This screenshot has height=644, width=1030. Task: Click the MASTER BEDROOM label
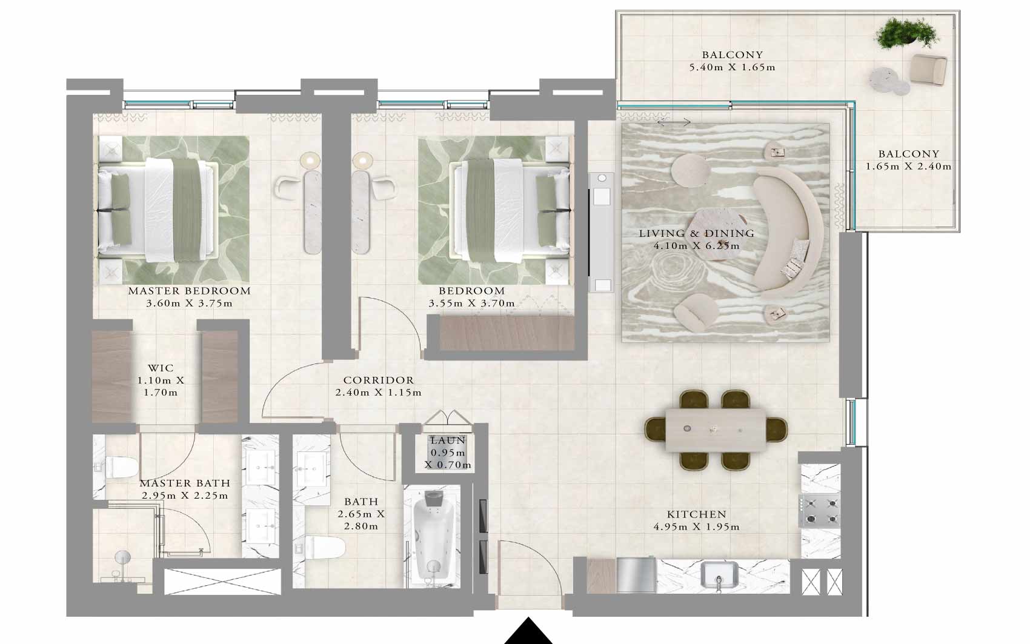190,291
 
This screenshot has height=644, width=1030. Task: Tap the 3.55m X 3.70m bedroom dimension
472,304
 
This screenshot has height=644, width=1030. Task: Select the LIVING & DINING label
697,233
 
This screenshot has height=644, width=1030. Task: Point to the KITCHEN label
697,514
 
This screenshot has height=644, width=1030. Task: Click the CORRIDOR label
379,380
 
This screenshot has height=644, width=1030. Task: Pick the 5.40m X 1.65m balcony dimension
732,67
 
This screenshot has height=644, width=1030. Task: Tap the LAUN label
448,440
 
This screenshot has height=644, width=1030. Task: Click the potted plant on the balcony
905,33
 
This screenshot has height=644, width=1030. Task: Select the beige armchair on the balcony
928,69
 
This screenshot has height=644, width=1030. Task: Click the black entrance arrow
528,632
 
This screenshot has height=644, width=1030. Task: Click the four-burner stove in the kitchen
821,510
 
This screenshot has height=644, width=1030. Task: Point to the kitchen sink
719,575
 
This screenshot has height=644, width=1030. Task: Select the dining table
716,430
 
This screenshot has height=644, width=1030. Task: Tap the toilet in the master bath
119,467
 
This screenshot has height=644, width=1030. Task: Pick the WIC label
161,368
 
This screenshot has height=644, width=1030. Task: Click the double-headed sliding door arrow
674,122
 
